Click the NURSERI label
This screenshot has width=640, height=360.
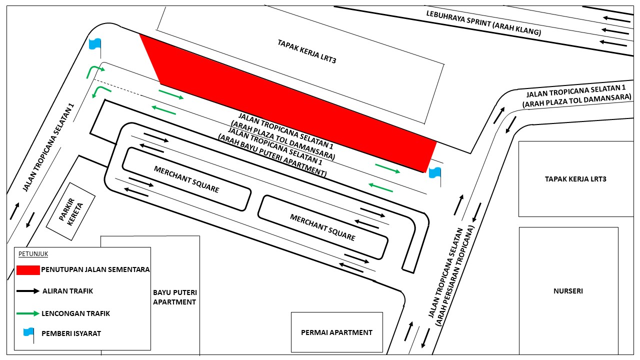click(568, 291)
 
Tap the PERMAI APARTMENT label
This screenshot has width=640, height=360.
click(336, 332)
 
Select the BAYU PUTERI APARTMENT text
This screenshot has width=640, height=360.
click(175, 297)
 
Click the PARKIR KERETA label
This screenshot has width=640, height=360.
click(71, 211)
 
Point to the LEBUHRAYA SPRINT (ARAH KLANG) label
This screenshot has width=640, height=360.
click(483, 23)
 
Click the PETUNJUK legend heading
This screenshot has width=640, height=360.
click(33, 254)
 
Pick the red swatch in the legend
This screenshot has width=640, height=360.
click(28, 270)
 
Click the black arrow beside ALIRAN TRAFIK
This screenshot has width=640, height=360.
click(28, 291)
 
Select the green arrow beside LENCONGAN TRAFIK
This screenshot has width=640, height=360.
click(28, 313)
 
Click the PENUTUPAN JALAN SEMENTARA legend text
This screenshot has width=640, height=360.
click(95, 269)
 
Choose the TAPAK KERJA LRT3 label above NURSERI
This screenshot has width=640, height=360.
click(575, 179)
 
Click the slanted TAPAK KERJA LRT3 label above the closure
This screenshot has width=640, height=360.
click(307, 51)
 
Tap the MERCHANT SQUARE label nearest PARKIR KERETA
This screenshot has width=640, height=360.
click(186, 179)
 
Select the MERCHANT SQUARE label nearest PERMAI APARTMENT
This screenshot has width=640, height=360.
click(322, 227)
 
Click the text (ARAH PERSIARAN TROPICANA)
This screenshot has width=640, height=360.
click(454, 276)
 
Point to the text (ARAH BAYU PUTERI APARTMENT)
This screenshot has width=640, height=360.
click(272, 155)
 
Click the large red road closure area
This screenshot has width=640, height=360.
click(288, 103)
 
